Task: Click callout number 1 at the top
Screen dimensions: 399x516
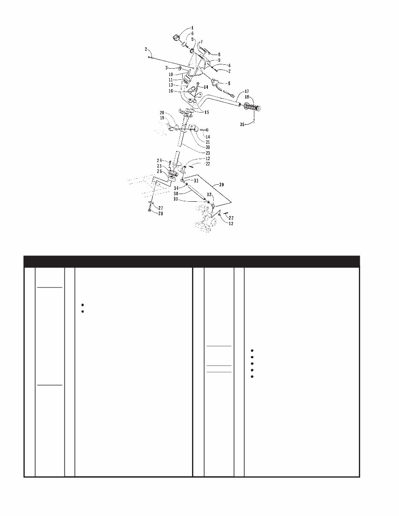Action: (x=192, y=28)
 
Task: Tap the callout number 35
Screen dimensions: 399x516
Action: (x=242, y=125)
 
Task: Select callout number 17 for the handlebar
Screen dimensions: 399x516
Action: (x=247, y=91)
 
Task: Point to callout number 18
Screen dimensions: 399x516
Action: (x=247, y=97)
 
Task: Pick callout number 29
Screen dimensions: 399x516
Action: (x=221, y=185)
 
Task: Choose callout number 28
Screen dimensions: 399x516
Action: (x=160, y=214)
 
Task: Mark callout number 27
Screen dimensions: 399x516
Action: (x=160, y=208)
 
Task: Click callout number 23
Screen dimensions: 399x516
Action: (x=208, y=153)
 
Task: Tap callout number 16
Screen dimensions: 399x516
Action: (x=171, y=91)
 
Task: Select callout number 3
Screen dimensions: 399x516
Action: (x=167, y=68)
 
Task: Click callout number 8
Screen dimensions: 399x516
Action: (x=219, y=55)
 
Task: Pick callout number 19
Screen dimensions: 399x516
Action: (x=162, y=118)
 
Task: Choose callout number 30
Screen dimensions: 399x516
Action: (x=176, y=194)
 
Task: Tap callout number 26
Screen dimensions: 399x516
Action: (x=159, y=171)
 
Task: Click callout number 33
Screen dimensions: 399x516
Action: (x=196, y=181)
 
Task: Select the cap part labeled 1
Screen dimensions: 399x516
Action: (x=176, y=38)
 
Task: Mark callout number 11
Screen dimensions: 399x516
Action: (x=171, y=80)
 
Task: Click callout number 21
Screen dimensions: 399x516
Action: (x=208, y=142)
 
